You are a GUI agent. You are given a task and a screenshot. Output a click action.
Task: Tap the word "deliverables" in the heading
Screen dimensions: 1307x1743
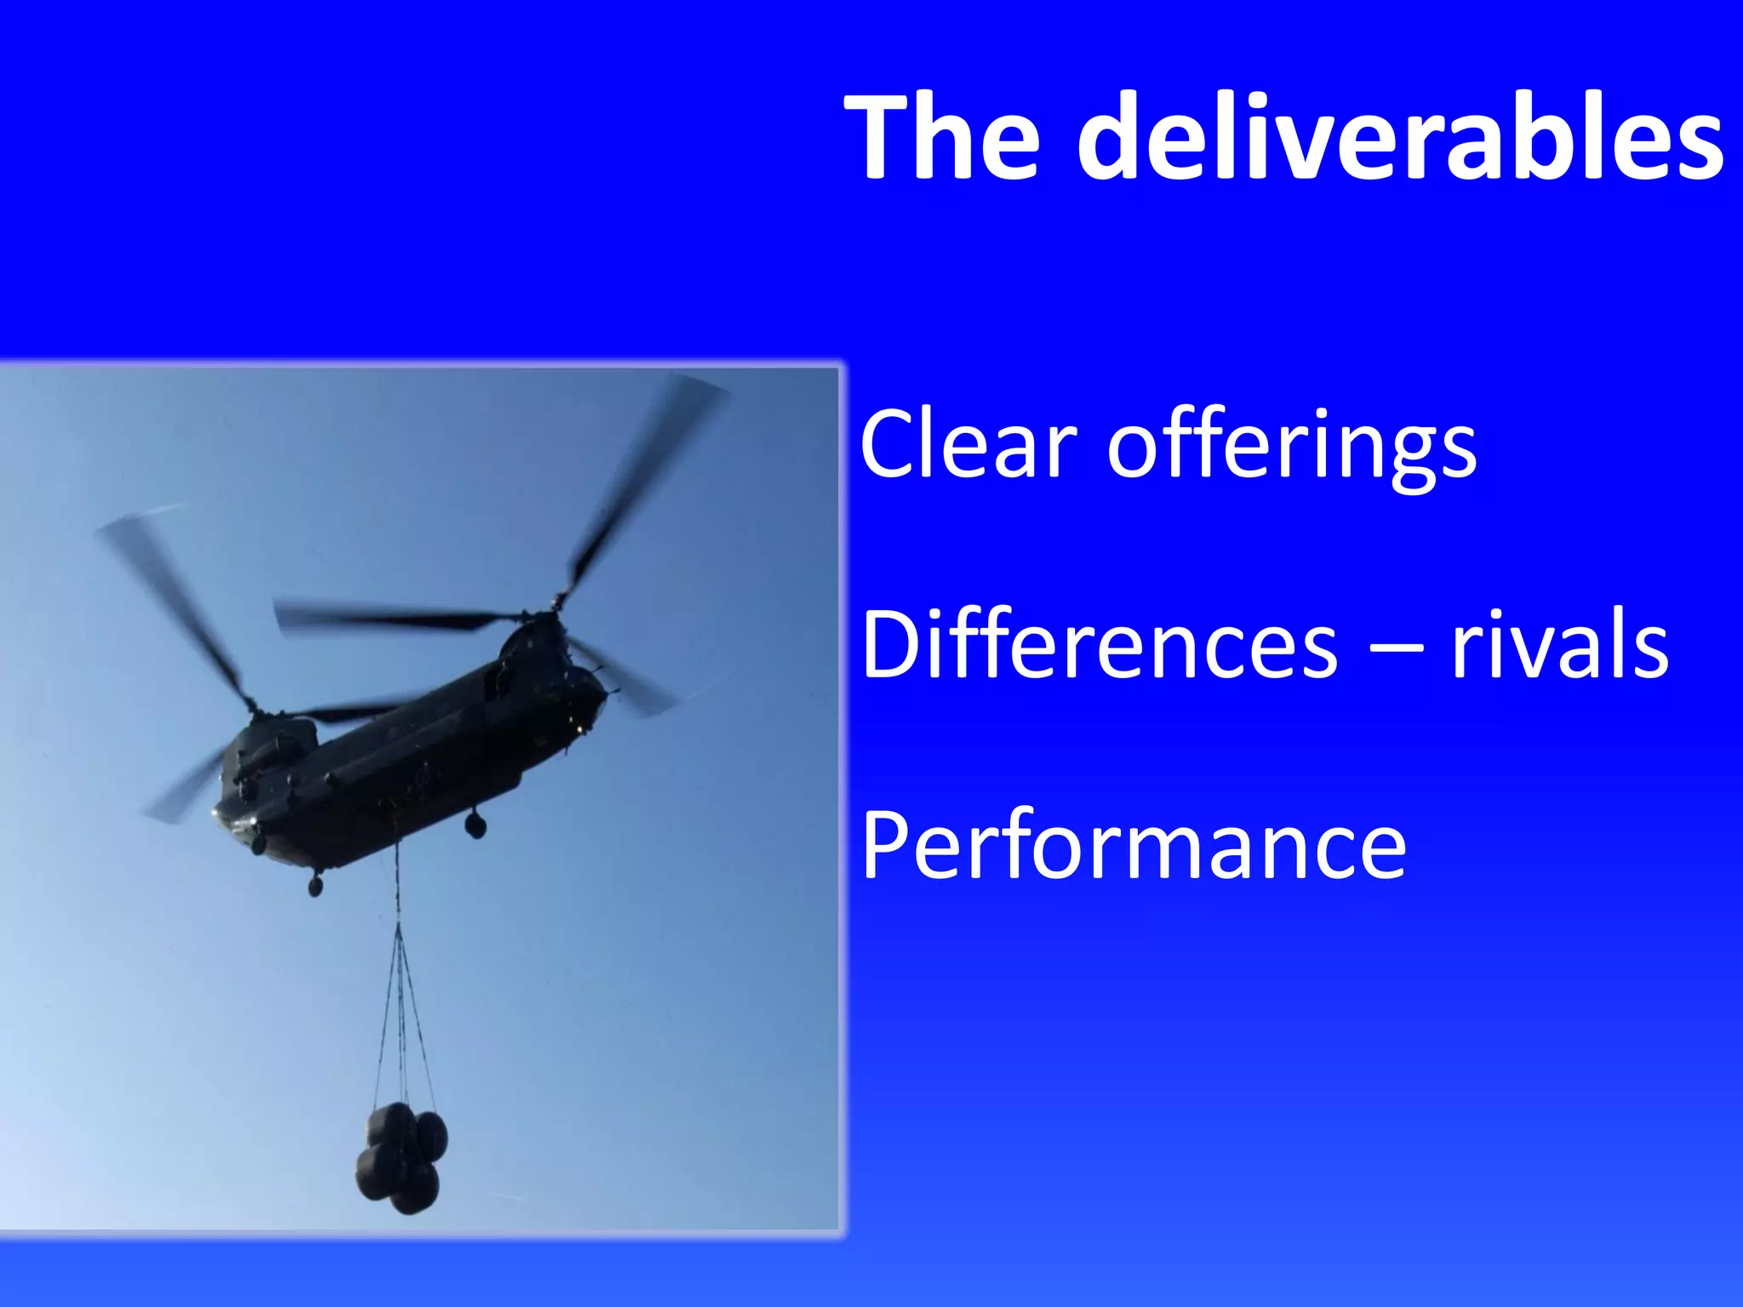tap(1401, 138)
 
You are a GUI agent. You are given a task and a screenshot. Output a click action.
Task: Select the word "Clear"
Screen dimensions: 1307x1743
tap(969, 445)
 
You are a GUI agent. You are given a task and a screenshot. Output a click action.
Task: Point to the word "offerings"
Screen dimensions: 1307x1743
tap(1292, 448)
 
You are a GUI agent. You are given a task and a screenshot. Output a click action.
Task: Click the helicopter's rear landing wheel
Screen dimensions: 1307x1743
tap(475, 824)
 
